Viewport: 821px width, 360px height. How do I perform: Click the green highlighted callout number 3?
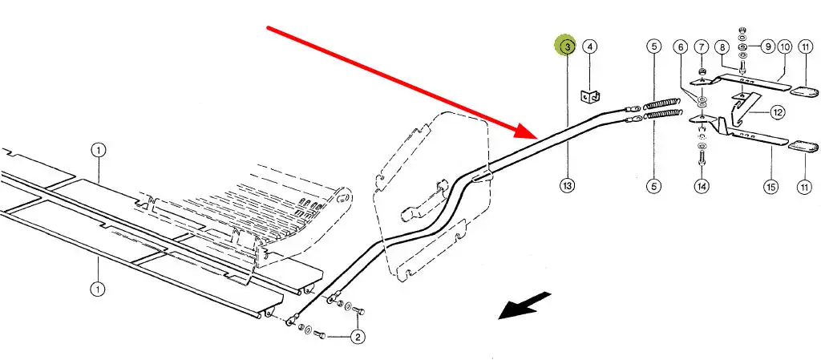pyautogui.click(x=568, y=47)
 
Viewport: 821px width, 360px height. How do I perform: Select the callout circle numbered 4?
pyautogui.click(x=590, y=47)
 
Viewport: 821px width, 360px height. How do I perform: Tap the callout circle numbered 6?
pyautogui.click(x=681, y=47)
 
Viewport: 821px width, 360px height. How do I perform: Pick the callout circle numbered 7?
pyautogui.click(x=702, y=47)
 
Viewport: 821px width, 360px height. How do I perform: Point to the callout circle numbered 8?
pyautogui.click(x=722, y=47)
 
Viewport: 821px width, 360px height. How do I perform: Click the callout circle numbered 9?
pyautogui.click(x=767, y=47)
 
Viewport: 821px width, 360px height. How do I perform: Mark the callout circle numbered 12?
pyautogui.click(x=777, y=112)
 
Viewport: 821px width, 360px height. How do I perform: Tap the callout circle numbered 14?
pyautogui.click(x=702, y=187)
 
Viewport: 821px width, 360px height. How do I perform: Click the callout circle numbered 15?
pyautogui.click(x=770, y=187)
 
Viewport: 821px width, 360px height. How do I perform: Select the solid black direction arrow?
pyautogui.click(x=525, y=305)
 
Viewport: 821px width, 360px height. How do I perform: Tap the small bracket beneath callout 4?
pyautogui.click(x=589, y=98)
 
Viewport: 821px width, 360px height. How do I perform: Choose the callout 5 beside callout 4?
pyautogui.click(x=653, y=47)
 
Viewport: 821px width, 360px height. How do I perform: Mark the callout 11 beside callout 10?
pyautogui.click(x=804, y=47)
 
